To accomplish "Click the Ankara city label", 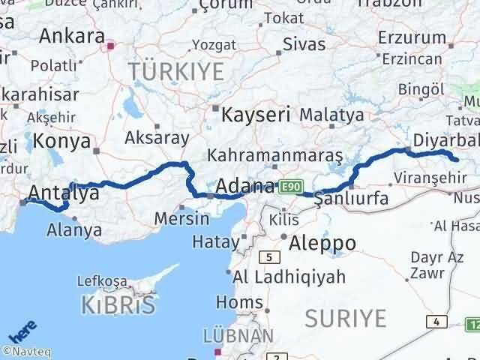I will pos(71,36).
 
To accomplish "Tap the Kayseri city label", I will pos(255,115).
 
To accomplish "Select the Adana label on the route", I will pos(244,185).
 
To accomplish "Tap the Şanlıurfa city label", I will pos(351,199).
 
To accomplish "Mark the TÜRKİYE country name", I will pos(176,72).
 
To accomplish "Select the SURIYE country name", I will pos(346,319).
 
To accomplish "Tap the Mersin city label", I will pos(181,219).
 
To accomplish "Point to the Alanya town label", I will pos(74,230).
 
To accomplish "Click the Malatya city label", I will pos(331,115).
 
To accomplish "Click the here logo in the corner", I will pos(22,333).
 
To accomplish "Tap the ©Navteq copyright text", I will pos(27,351).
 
